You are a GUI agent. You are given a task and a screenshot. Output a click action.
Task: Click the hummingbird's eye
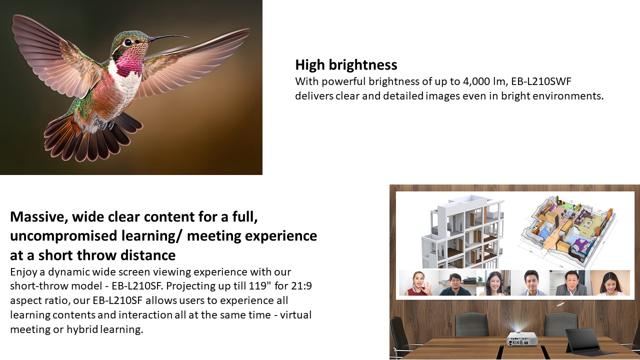point(128,42)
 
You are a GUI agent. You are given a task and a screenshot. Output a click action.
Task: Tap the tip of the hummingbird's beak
point(188,37)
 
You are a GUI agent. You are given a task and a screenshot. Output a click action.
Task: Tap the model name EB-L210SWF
point(541,81)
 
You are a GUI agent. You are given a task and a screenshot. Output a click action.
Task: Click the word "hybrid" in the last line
point(82,329)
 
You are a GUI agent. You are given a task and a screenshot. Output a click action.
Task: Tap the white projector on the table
point(522,339)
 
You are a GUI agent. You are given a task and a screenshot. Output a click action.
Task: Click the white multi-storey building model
point(463,232)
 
